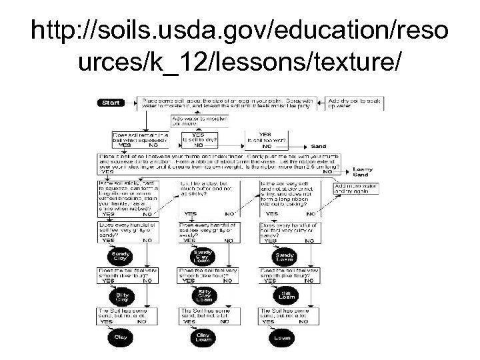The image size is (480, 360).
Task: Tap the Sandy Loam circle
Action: (283, 257)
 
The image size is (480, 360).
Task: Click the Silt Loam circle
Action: (283, 295)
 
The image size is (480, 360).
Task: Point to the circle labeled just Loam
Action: (283, 337)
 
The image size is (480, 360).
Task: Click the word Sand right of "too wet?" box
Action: (319, 145)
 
